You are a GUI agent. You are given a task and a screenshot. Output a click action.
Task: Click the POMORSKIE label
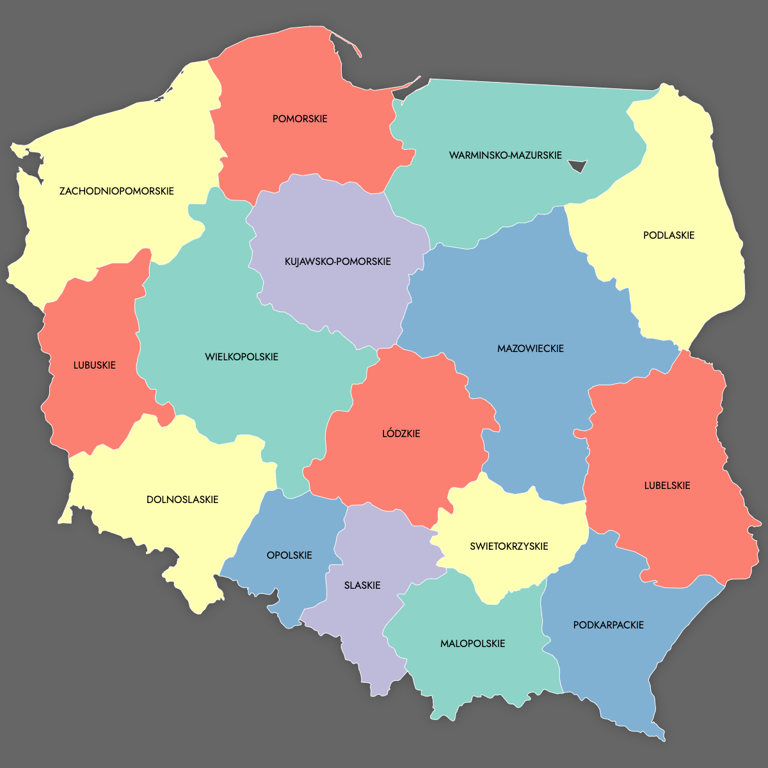tap(300, 118)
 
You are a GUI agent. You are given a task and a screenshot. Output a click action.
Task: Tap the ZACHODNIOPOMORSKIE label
tap(116, 191)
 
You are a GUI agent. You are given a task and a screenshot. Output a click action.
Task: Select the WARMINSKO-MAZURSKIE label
tap(505, 155)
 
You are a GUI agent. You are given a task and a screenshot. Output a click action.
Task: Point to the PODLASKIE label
tap(668, 235)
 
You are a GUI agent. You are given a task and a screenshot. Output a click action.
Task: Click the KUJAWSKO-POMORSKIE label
tap(337, 261)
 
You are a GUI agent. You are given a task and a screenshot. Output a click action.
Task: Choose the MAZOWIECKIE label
tap(530, 348)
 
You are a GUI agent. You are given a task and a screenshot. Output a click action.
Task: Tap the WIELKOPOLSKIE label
tap(241, 356)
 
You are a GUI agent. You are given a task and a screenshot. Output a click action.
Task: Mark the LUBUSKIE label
tap(94, 365)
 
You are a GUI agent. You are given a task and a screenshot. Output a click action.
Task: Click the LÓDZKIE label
tap(401, 433)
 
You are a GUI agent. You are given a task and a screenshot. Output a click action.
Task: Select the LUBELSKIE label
tap(667, 485)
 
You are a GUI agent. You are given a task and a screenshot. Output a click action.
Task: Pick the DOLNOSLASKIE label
tap(182, 499)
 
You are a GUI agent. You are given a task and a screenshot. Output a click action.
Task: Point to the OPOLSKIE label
tap(289, 555)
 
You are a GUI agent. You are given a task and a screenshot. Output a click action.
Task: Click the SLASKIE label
tap(362, 585)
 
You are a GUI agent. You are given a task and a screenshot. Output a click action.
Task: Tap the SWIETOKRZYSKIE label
tap(509, 546)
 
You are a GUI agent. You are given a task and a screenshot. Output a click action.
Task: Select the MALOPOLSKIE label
tap(472, 643)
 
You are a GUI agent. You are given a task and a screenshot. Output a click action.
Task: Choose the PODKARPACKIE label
tap(608, 625)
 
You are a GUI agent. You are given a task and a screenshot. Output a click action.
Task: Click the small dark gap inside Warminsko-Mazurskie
tap(578, 166)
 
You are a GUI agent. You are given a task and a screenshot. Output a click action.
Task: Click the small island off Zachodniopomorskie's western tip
tap(19, 150)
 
